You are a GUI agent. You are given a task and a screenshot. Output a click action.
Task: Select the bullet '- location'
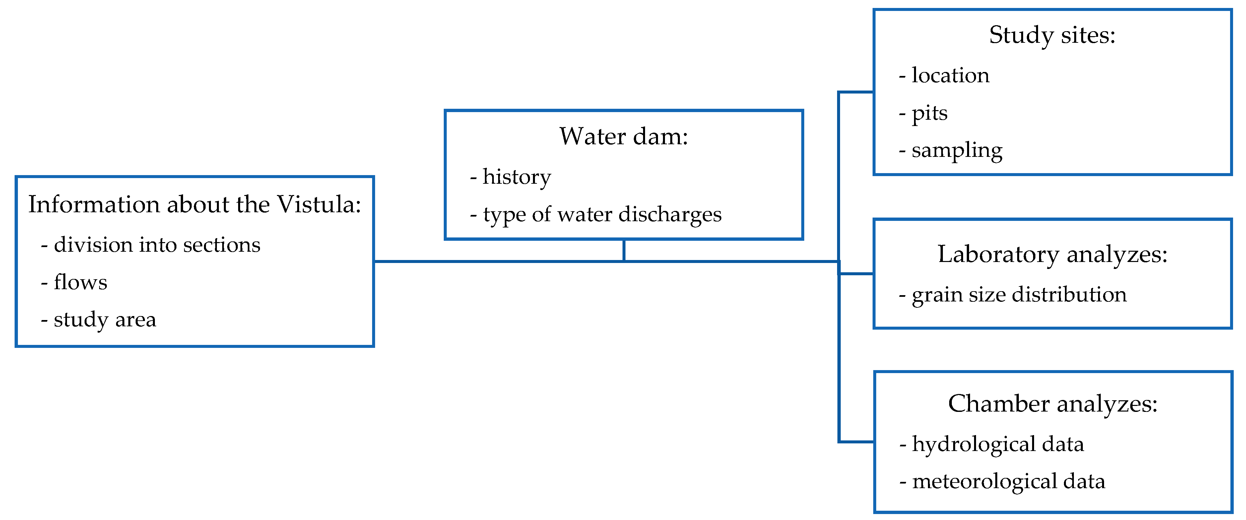click(944, 76)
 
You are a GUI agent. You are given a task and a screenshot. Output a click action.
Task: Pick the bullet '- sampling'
click(951, 151)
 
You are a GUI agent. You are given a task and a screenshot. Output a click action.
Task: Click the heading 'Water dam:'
click(623, 137)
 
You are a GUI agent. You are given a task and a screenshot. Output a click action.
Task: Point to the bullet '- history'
click(510, 177)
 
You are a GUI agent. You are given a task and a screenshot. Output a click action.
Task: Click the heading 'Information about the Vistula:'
click(194, 205)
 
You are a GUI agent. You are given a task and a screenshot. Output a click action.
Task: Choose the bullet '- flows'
click(74, 283)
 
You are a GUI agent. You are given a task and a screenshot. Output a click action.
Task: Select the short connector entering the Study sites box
click(856, 92)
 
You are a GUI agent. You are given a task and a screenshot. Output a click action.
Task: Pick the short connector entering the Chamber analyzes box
click(856, 442)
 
